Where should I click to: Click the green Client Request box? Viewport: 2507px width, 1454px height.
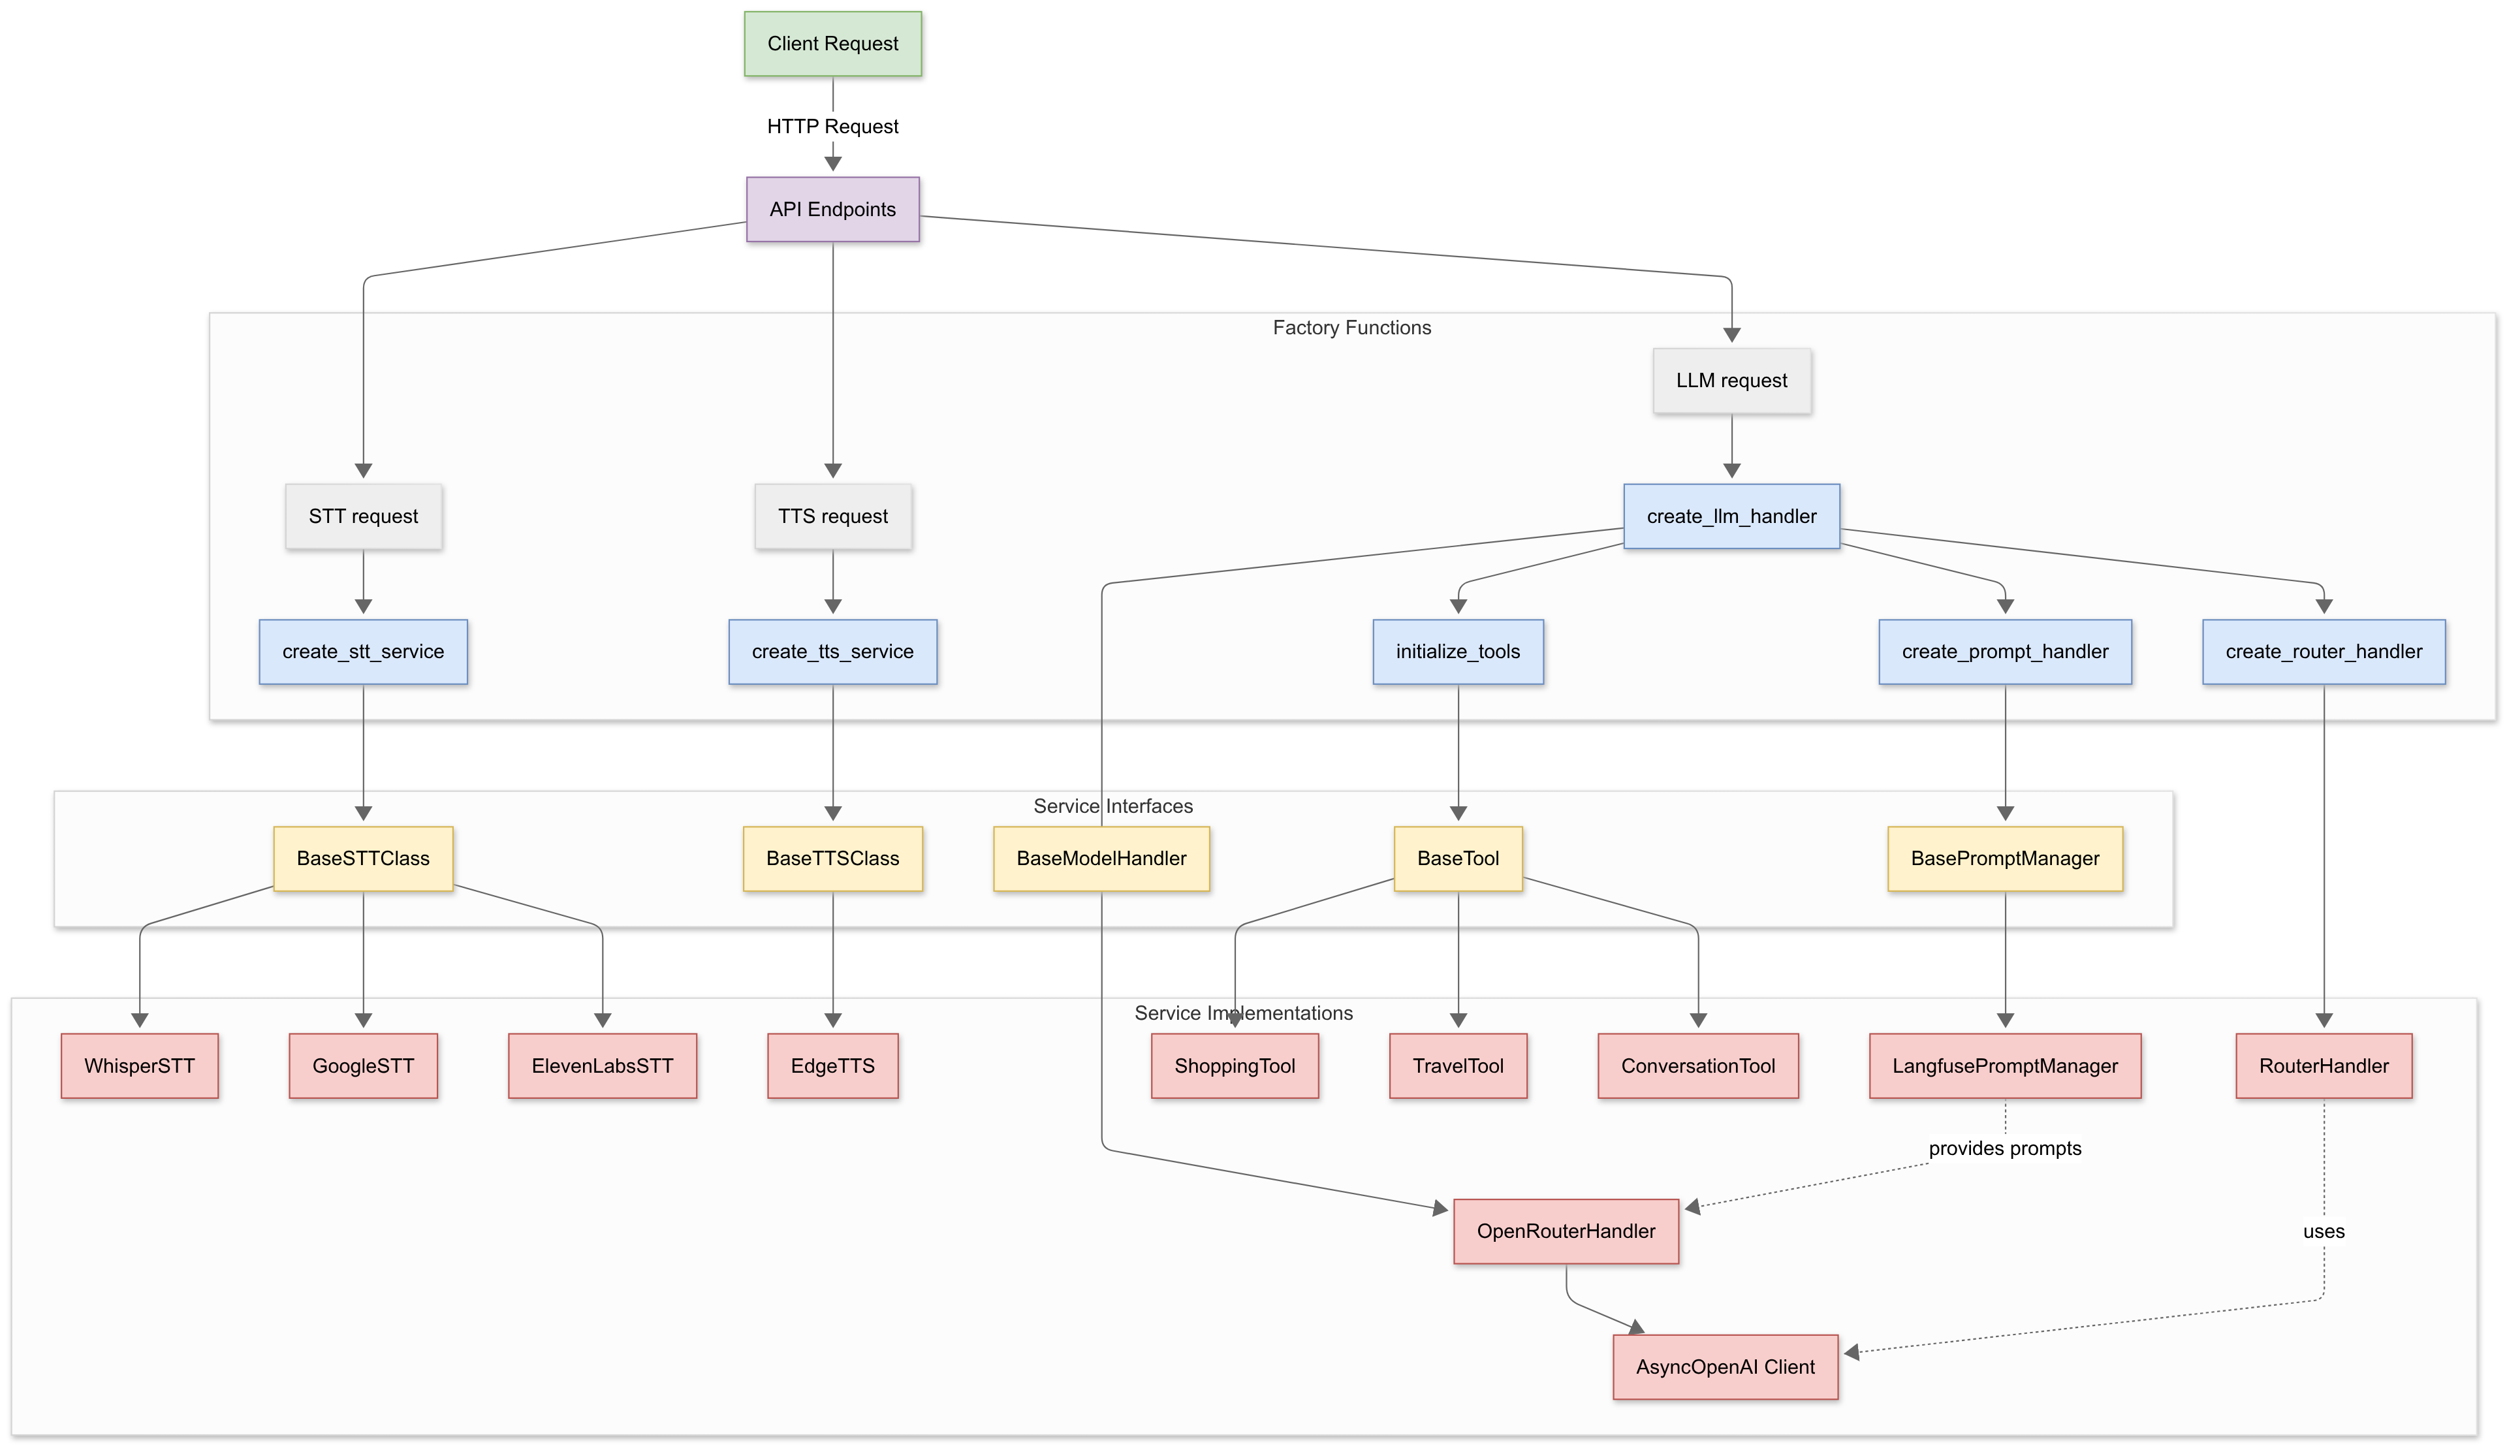(832, 44)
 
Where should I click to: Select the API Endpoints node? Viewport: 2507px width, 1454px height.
(832, 209)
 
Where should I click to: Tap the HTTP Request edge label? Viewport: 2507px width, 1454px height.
(832, 127)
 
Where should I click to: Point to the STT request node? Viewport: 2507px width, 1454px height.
(363, 516)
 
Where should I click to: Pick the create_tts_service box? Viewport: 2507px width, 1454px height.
(832, 651)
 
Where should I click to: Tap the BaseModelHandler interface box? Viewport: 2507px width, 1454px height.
(1101, 858)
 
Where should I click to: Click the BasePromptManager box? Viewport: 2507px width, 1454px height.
(2004, 858)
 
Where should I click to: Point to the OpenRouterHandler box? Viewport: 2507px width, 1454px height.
(1566, 1231)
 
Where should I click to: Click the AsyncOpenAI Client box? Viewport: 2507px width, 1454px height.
(1725, 1367)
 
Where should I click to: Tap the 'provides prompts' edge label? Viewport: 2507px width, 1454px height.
(2004, 1148)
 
